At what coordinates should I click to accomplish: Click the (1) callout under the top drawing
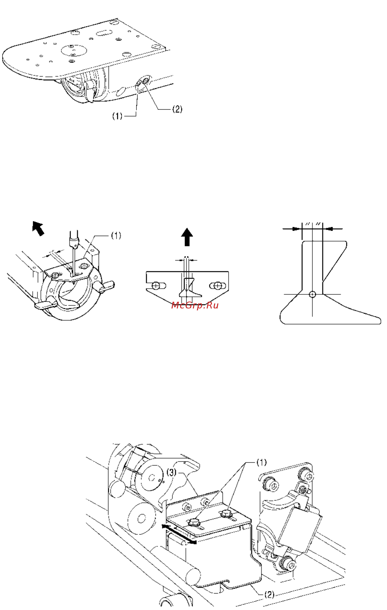[117, 116]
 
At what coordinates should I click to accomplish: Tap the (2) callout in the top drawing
[177, 109]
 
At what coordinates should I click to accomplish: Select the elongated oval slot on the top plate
[104, 33]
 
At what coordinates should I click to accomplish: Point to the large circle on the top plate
[74, 50]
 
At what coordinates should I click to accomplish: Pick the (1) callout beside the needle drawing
[116, 236]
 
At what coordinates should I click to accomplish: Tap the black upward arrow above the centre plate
[187, 237]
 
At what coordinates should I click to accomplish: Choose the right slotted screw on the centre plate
[218, 286]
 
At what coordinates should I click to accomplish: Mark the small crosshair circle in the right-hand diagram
[313, 294]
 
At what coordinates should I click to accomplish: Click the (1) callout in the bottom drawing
[262, 463]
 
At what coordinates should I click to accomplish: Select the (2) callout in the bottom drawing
[269, 594]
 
